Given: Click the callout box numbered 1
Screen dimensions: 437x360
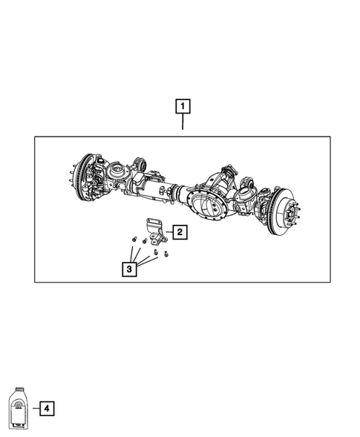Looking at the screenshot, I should click(182, 105).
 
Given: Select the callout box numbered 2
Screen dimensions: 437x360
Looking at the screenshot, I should click(180, 232).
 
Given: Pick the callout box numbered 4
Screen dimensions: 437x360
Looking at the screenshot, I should click(46, 408).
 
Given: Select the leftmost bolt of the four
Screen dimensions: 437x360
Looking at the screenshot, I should click(132, 239).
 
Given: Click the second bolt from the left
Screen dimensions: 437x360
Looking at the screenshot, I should click(143, 243).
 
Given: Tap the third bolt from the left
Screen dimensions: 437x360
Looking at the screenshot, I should click(156, 252).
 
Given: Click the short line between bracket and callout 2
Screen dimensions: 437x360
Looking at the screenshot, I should click(168, 232).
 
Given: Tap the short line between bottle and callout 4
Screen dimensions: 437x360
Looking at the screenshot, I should click(33, 408).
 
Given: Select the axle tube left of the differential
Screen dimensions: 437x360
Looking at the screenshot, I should click(160, 191).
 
